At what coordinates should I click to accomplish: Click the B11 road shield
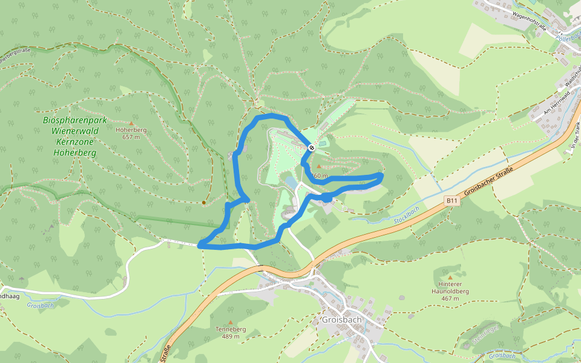pos(451,200)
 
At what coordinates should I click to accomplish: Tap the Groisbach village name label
pos(342,320)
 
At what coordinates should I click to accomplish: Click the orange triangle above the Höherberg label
pos(131,123)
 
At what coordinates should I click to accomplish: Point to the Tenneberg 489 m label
pos(231,333)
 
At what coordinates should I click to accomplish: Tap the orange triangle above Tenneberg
pos(231,322)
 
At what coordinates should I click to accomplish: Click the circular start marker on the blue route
pos(311,148)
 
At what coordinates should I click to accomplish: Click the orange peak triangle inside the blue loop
pos(319,166)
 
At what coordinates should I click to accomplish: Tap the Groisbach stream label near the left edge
pos(41,306)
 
